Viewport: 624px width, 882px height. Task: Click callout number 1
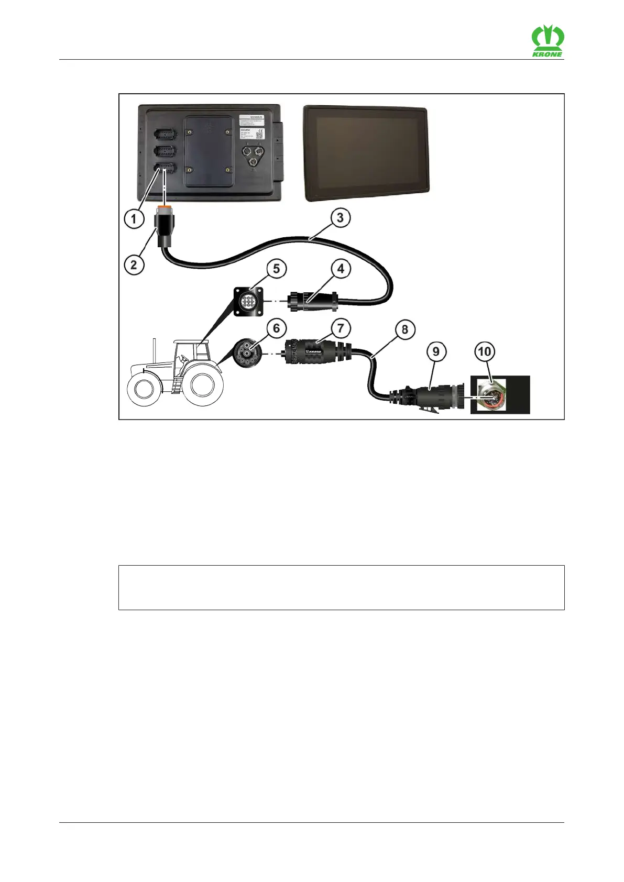point(134,218)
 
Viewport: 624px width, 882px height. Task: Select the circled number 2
point(134,264)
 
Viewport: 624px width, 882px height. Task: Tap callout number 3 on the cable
point(340,217)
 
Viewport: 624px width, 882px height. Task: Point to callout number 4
point(341,269)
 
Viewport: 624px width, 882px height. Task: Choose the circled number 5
point(276,269)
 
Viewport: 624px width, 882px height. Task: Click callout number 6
point(276,328)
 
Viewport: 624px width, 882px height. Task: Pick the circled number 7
point(341,328)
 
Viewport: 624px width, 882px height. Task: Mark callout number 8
point(404,330)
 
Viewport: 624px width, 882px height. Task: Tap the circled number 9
point(436,351)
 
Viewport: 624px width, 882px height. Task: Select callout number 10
point(485,351)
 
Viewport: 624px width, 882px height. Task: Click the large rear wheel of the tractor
point(203,385)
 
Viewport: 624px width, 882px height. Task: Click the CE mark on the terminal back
point(260,131)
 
